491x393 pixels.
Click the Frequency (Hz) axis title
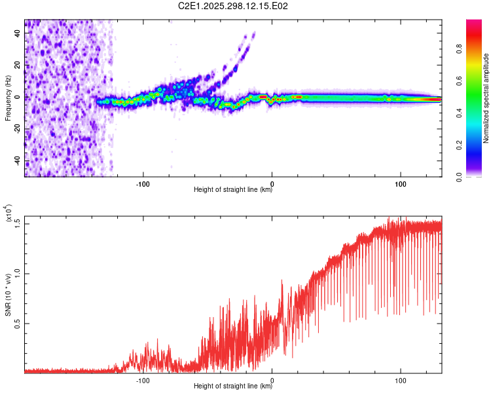click(9, 98)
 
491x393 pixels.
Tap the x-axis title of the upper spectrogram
click(233, 190)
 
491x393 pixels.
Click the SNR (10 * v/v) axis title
click(9, 297)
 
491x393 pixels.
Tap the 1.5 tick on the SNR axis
click(18, 223)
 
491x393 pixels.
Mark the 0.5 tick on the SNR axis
click(18, 323)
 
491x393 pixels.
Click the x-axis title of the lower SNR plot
click(233, 386)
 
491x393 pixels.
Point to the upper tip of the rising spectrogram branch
click(254, 33)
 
